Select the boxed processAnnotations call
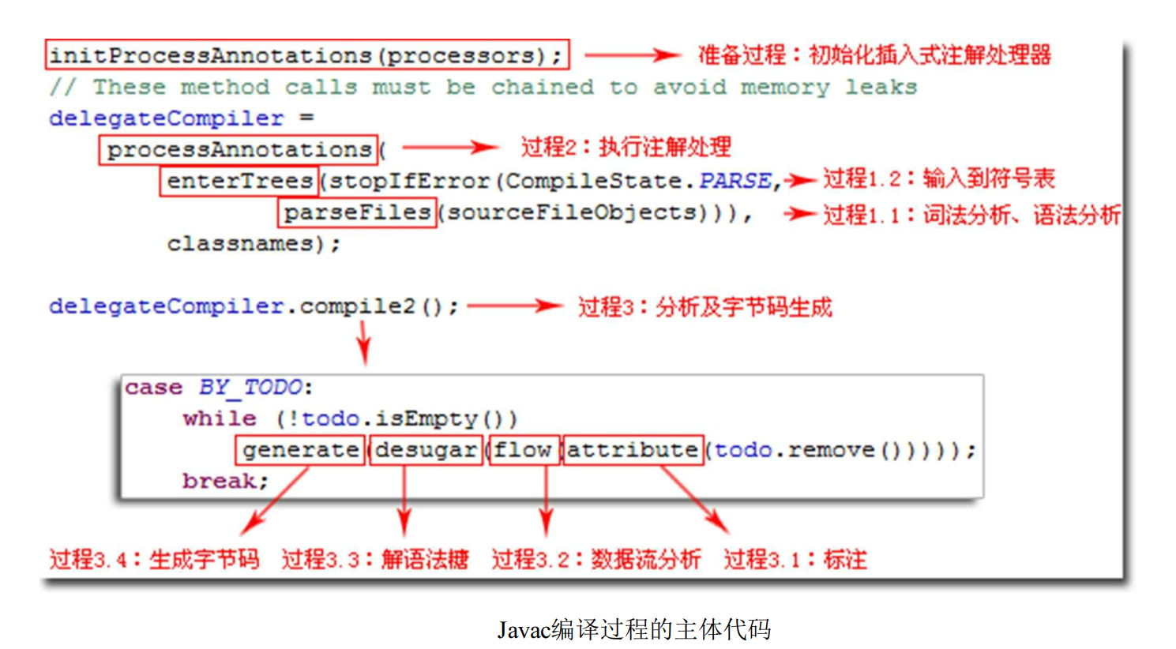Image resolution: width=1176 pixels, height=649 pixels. coord(239,149)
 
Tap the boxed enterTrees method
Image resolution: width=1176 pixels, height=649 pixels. coord(239,181)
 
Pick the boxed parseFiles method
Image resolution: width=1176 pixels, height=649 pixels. coord(357,212)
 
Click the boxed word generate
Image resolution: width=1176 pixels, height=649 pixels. coord(300,450)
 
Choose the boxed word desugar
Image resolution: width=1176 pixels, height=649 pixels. coord(426,450)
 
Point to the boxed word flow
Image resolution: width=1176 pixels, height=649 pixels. coord(524,450)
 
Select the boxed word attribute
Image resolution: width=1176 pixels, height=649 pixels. coord(633,450)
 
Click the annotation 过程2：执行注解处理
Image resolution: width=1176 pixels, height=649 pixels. coord(625,147)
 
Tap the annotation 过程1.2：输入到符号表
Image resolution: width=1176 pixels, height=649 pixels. coord(938,178)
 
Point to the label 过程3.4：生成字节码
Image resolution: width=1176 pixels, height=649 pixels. coord(154,559)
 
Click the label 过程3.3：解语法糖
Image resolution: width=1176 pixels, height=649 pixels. coord(374,559)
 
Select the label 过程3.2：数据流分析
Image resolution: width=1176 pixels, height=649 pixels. coord(596,559)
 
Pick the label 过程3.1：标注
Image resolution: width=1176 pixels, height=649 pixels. coord(795,559)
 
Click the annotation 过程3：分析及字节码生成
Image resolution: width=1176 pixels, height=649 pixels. coord(704,306)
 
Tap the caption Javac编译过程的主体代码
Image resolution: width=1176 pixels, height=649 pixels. coord(633,629)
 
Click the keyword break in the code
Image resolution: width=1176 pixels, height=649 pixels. coord(224,481)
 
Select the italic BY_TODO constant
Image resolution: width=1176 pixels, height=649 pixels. coord(250,387)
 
